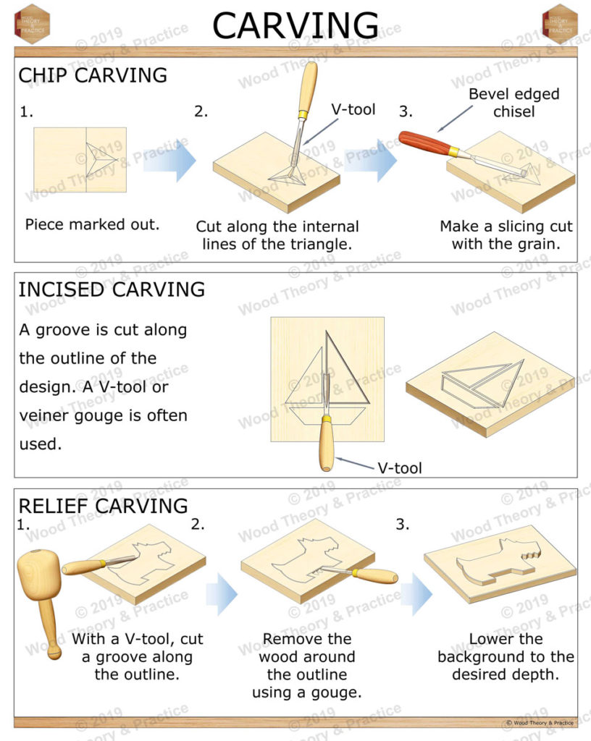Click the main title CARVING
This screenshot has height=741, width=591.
point(295,26)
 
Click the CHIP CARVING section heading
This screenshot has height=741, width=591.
point(93,75)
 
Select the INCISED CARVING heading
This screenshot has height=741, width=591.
point(112,289)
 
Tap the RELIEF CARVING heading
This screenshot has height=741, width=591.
point(103,506)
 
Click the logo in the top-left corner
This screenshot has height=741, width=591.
point(31,24)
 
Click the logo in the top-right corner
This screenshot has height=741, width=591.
point(559,24)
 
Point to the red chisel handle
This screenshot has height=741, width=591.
point(424,142)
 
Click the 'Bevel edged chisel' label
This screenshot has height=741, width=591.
point(514,103)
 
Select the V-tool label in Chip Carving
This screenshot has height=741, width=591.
point(353,110)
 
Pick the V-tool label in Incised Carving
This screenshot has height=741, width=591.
point(399,467)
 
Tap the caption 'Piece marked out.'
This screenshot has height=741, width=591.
point(92,224)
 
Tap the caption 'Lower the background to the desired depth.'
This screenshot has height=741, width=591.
point(506,657)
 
